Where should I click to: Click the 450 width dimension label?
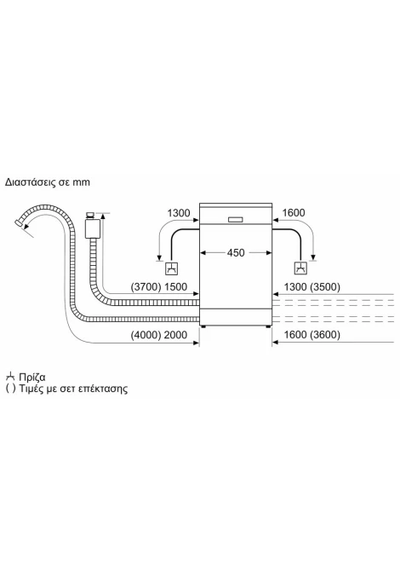(236, 253)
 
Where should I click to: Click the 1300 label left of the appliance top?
(179, 213)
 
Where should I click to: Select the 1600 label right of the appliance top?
(294, 213)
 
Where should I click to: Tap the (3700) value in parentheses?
(146, 287)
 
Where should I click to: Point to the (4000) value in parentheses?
(146, 335)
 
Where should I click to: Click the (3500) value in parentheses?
(325, 287)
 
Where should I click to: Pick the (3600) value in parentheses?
(325, 335)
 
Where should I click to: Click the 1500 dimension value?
(175, 287)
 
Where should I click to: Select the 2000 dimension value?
(175, 335)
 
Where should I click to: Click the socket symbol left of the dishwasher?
(172, 268)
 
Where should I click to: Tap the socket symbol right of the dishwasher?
(300, 268)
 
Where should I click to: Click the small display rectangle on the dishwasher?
(237, 220)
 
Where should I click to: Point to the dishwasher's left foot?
(203, 326)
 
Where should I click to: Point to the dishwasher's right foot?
(268, 326)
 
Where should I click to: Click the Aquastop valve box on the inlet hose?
(93, 228)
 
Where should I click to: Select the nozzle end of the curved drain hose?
(19, 223)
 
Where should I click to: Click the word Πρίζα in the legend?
(32, 377)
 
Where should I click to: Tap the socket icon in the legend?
(11, 376)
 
